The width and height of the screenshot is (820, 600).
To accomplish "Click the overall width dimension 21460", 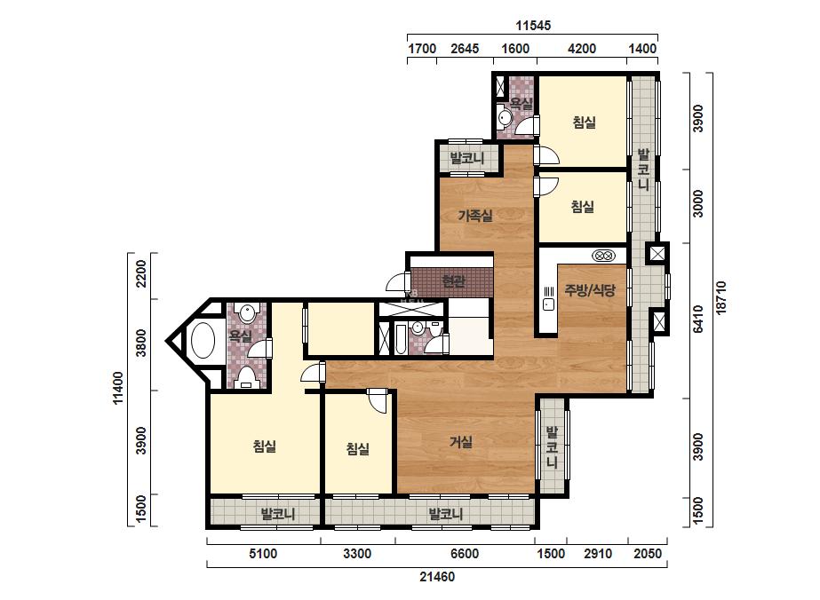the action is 437,577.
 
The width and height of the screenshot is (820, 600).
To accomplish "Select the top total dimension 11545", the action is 533,25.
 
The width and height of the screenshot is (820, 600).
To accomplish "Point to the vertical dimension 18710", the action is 721,297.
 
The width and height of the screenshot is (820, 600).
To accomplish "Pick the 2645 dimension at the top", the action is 465,49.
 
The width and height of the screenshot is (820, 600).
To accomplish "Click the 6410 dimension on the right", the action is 697,319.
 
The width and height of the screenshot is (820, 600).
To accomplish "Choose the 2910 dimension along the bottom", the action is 597,554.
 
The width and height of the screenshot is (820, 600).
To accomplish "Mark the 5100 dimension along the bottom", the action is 263,554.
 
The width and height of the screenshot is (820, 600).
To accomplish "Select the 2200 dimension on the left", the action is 140,274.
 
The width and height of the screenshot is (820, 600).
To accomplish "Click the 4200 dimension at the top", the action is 582,49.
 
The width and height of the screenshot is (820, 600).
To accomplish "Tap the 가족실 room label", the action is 475,215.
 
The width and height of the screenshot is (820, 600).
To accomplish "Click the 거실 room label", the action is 461,442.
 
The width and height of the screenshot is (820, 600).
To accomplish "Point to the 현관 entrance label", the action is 453,281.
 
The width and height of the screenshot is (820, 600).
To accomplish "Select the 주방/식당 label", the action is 590,290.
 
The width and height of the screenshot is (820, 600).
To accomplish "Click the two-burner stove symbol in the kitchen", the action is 603,256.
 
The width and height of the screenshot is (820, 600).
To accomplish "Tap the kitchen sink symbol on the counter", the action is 548,304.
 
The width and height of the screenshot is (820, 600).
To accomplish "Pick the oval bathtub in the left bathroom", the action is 203,340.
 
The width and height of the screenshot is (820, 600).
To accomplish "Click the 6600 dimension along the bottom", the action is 464,554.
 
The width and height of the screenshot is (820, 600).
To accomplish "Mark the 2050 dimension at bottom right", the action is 648,554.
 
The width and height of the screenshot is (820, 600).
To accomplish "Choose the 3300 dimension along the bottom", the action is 357,554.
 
